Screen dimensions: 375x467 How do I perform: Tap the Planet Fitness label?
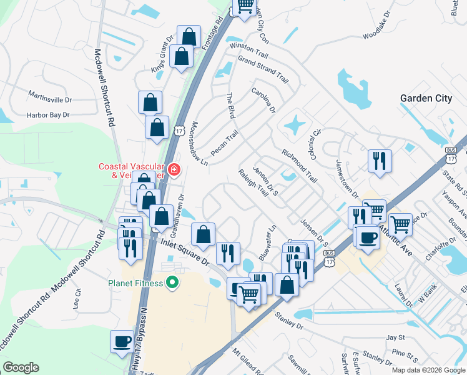click(x=135, y=283)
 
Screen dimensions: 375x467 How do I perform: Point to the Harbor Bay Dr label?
click(x=47, y=115)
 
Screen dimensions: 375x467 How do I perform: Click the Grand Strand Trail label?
click(x=262, y=70)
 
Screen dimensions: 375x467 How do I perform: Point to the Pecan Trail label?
click(x=225, y=143)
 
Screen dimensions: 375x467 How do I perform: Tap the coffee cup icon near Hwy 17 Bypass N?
click(x=122, y=341)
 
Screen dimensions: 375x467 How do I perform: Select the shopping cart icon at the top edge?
click(x=244, y=6)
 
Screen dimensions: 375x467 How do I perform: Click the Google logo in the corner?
click(x=21, y=367)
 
